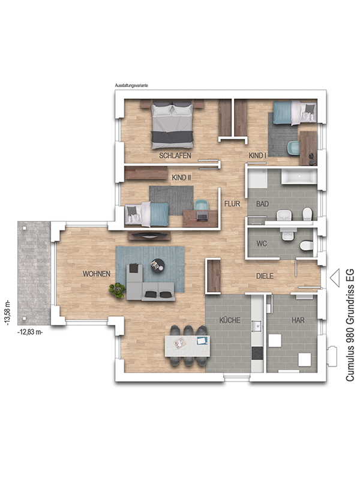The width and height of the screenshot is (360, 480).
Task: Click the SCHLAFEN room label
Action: pos(175,155)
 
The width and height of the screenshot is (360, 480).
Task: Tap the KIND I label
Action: pos(257,155)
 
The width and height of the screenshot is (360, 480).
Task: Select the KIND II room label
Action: pos(182,178)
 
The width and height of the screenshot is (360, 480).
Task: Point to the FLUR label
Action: pos(232,203)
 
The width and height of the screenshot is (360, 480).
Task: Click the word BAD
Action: pos(262,203)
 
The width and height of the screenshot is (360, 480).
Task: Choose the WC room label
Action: pos(262,244)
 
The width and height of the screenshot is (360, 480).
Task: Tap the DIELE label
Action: pos(265,276)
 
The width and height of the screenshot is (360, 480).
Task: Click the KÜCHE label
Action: pos(230,320)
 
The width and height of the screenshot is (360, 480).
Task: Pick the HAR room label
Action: pos(298,320)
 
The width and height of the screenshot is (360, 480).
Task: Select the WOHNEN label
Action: pos(97,274)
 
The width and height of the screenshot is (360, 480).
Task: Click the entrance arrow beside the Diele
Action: pos(335,278)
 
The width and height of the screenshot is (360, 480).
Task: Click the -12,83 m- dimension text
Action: pos(30,332)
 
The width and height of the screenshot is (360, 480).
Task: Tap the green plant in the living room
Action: pos(118,290)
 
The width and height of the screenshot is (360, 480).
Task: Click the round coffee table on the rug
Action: pos(158,265)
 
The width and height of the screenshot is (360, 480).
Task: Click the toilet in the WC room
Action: pos(307,245)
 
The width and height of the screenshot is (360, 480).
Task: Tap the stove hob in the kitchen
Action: pos(257,353)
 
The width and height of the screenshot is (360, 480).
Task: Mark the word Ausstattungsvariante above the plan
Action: pos(131,85)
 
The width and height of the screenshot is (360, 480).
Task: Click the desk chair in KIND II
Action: pos(201,206)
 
